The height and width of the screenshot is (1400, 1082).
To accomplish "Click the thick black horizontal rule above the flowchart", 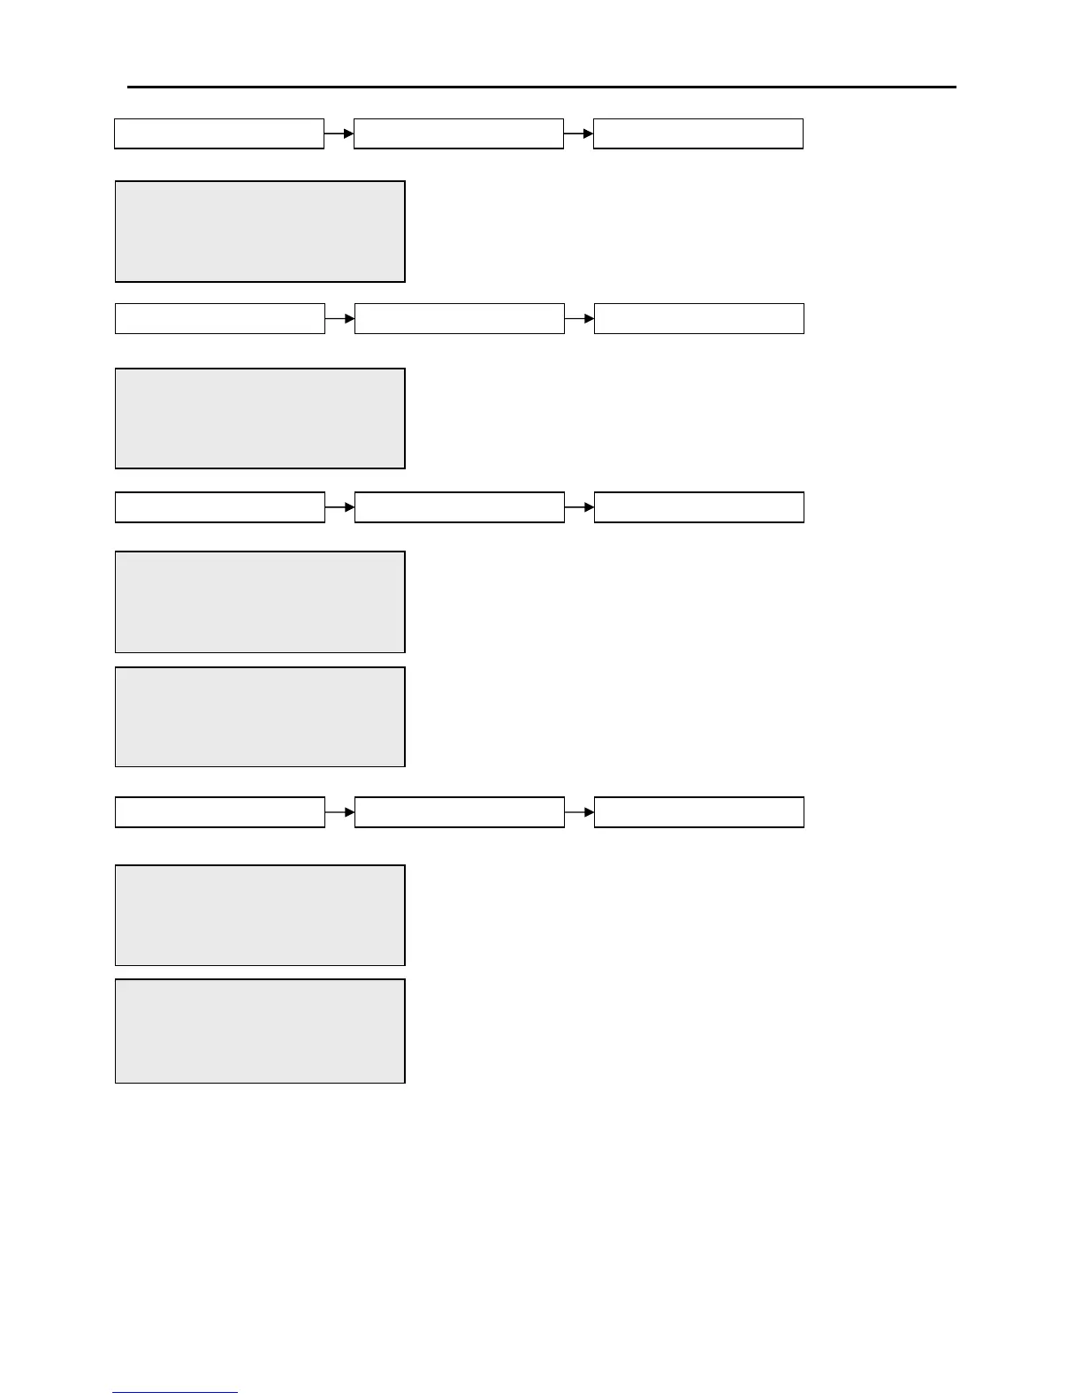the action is click(541, 87).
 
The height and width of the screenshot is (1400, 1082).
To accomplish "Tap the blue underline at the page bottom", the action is click(175, 1393).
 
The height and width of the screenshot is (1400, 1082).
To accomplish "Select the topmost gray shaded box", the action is click(260, 232).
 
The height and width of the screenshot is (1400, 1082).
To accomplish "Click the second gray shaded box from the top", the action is click(260, 418).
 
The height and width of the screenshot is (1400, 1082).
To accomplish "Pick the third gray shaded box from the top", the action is click(260, 602).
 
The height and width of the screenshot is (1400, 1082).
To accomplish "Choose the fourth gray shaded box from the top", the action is click(260, 717).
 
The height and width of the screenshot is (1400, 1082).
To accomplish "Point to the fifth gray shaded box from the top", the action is click(260, 915).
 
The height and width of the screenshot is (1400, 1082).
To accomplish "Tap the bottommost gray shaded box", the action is click(260, 1031).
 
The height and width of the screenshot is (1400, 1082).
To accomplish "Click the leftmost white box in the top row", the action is click(219, 133).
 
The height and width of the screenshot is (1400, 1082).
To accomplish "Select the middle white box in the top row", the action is click(459, 133).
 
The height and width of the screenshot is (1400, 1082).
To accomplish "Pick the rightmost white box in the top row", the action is click(698, 133).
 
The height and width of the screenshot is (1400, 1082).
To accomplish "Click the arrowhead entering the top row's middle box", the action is click(349, 133).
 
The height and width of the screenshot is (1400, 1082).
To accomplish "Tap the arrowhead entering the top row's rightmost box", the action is click(589, 133).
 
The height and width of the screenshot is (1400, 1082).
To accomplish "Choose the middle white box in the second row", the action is click(460, 318).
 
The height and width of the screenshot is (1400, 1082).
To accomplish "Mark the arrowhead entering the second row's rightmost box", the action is click(590, 318).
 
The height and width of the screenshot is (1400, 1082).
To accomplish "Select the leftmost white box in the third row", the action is click(220, 507).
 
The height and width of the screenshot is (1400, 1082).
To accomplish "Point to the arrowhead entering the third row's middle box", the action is click(350, 507).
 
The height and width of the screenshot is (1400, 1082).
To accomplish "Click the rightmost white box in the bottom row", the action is click(699, 812).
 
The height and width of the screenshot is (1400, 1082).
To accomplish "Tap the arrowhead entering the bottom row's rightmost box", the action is click(590, 812).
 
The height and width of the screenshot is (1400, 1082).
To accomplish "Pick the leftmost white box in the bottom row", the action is click(220, 812).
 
